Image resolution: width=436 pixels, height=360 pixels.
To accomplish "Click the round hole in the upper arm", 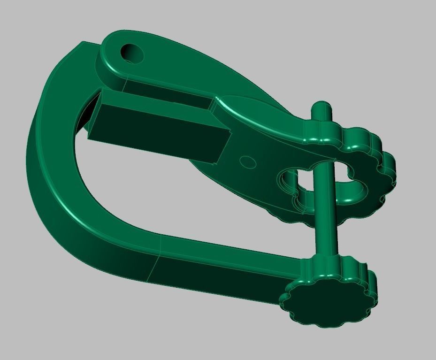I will coord(132,53).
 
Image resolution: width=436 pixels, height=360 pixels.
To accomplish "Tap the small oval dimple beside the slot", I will coord(248,162).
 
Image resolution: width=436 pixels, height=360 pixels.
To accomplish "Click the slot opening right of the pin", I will coord(350,185).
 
